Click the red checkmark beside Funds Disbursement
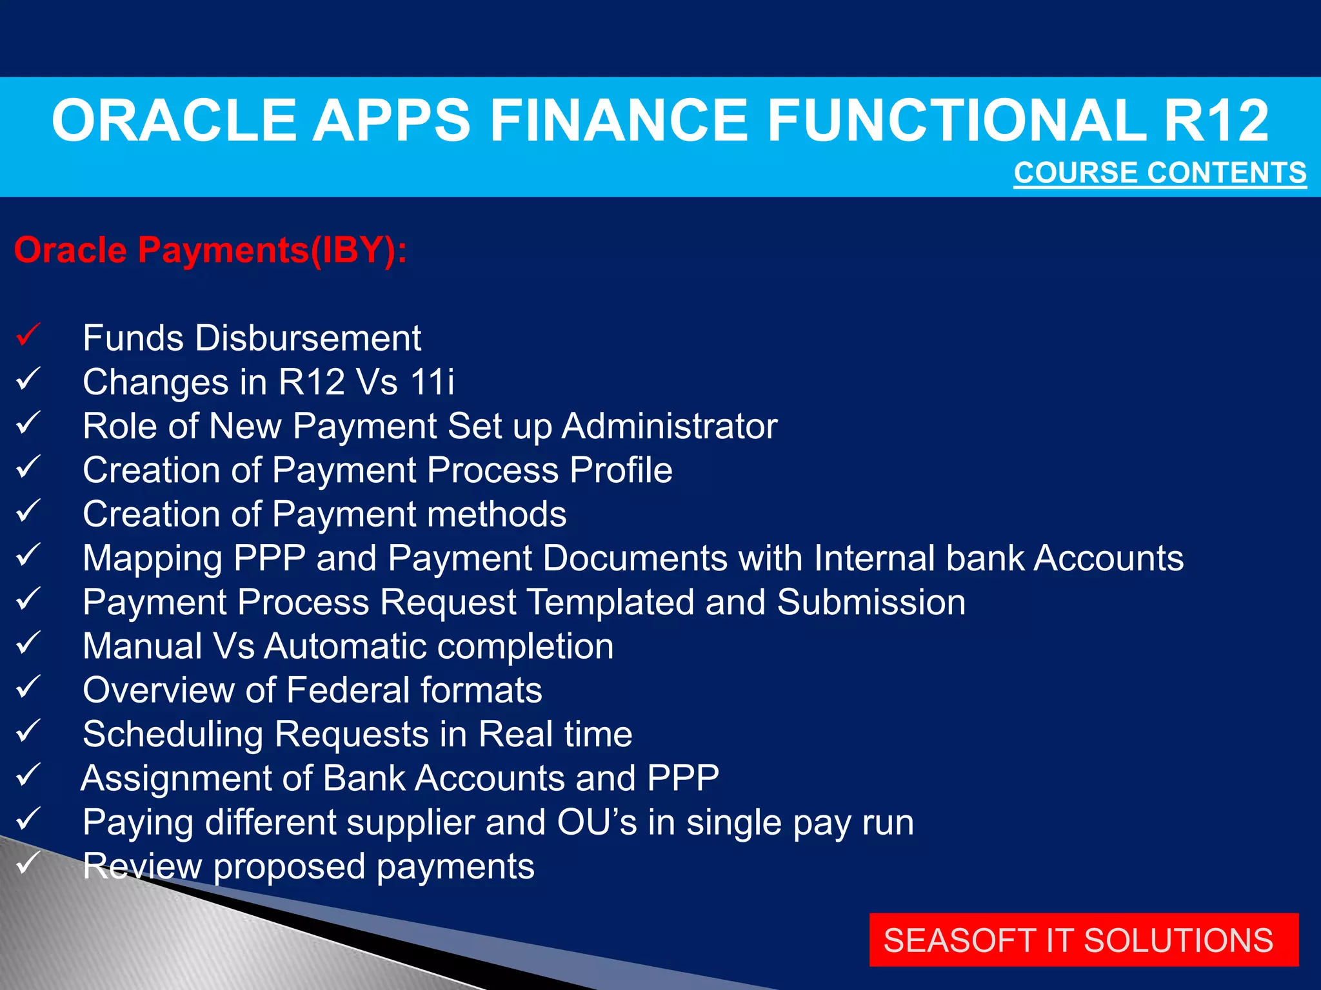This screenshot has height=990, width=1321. [x=28, y=335]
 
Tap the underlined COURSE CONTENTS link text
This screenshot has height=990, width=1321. [x=1160, y=173]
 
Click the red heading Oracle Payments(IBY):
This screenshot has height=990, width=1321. [x=210, y=250]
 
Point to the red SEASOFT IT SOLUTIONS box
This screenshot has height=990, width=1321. [x=1083, y=940]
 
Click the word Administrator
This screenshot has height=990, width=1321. [x=669, y=426]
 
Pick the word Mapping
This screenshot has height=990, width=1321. [x=152, y=558]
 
